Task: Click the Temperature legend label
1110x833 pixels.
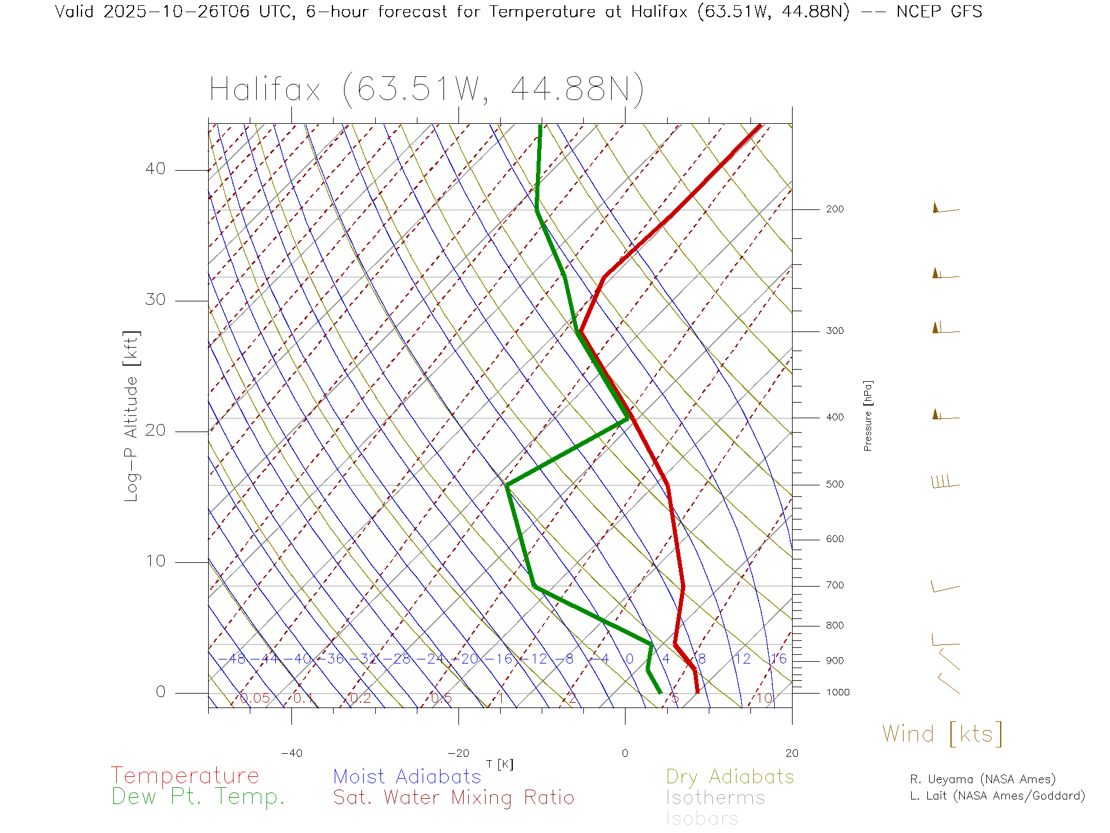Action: [184, 775]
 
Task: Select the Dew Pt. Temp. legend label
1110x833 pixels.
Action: [198, 797]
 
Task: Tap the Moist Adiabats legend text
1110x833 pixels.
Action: [407, 776]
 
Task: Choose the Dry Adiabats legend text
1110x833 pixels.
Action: [730, 776]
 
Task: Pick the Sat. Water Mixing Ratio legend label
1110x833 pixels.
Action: [453, 798]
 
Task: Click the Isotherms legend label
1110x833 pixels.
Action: [715, 798]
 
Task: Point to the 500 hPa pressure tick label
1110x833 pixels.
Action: [834, 484]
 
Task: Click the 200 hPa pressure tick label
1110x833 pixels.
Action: [834, 209]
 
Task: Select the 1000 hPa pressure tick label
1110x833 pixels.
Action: [838, 692]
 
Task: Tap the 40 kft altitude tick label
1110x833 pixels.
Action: [155, 169]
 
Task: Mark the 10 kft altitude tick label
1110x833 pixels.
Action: [155, 561]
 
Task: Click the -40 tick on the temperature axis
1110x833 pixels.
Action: [291, 753]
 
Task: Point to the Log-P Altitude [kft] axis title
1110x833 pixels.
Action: [132, 416]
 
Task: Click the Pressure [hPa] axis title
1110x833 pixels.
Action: [868, 415]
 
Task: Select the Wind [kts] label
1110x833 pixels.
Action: [942, 734]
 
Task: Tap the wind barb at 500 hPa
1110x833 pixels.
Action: [945, 482]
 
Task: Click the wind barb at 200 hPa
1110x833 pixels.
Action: [945, 208]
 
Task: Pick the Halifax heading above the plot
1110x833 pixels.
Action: [426, 90]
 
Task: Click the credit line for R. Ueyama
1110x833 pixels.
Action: [982, 779]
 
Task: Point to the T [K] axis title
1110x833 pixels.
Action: [499, 764]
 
